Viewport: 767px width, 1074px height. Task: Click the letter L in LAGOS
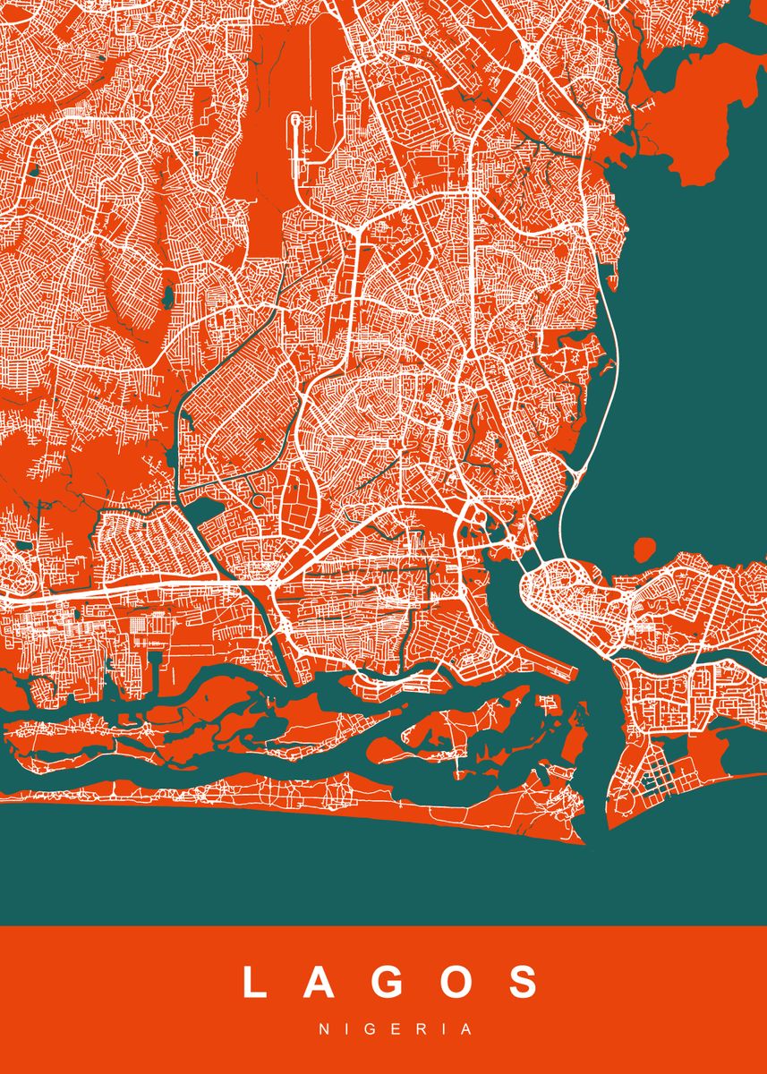(255, 982)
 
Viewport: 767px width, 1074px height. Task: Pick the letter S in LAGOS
(522, 982)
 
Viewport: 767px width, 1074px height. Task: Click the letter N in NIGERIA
(324, 1029)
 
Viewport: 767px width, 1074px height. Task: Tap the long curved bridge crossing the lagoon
(607, 376)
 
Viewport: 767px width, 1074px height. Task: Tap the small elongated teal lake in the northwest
(166, 296)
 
